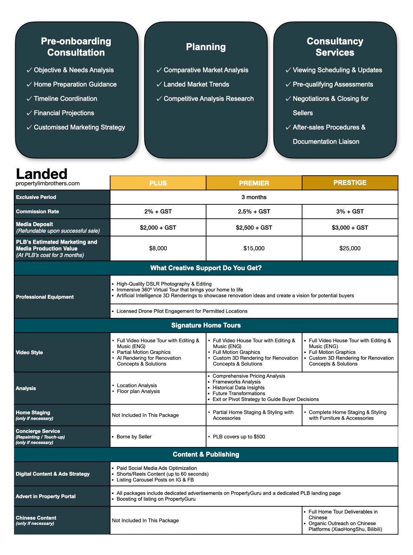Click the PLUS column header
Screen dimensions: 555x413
click(158, 183)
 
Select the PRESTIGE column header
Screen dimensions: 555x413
click(350, 183)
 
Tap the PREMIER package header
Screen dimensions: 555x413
click(254, 183)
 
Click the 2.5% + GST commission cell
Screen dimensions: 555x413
click(254, 211)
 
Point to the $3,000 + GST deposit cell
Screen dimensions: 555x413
click(350, 228)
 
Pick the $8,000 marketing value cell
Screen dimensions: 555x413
click(158, 248)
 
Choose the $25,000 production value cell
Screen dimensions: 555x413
click(350, 248)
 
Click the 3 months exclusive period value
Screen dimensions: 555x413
click(254, 197)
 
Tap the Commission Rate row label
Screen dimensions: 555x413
click(37, 211)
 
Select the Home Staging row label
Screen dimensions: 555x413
click(33, 413)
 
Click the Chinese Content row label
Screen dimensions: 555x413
click(36, 518)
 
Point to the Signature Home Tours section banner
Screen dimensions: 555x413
click(206, 325)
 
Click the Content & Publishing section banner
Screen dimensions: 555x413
click(206, 454)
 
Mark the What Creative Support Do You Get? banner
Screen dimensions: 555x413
click(206, 268)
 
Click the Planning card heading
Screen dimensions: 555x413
click(206, 47)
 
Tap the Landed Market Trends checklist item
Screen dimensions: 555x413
click(196, 84)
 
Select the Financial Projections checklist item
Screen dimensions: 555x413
click(64, 113)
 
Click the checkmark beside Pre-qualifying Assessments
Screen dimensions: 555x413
click(288, 85)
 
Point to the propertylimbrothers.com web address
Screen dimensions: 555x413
click(48, 183)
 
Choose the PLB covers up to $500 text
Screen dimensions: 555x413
click(239, 436)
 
